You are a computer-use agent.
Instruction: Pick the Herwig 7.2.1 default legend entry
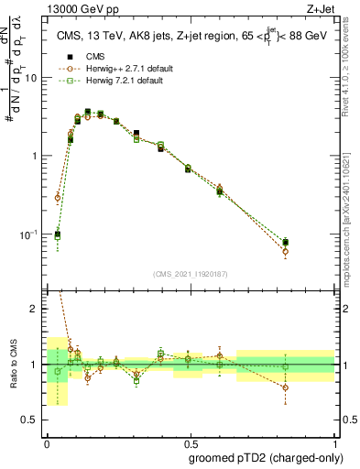tap(120, 81)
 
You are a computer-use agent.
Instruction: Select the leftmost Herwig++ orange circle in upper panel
tap(58, 197)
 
